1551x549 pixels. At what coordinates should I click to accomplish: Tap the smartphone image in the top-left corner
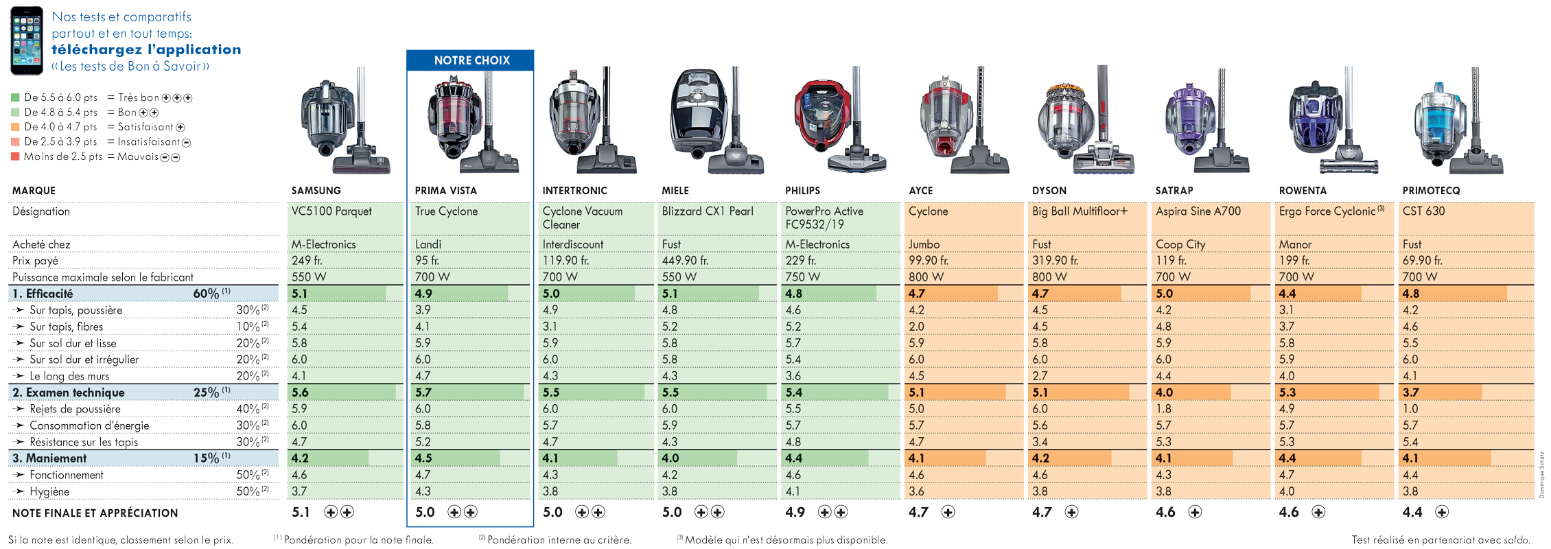coord(27,40)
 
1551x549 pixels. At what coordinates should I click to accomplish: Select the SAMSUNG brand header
coord(316,191)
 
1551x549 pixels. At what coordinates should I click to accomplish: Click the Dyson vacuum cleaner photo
coord(1085,120)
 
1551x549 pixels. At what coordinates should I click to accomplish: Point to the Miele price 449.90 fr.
coord(685,261)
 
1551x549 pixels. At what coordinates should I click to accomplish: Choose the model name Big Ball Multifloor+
coord(1080,211)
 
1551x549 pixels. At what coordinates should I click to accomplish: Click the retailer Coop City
coord(1180,244)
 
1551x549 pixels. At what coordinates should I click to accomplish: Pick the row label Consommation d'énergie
coord(89,425)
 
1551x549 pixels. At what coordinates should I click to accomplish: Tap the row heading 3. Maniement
coord(49,458)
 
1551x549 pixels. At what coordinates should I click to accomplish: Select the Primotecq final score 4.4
coord(1412,512)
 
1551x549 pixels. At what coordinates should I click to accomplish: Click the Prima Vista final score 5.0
coord(425,512)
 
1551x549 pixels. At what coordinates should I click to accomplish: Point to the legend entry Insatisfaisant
coord(149,142)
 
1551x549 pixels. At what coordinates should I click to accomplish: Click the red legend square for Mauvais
coord(15,156)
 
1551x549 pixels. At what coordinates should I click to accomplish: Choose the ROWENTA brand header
coord(1303,191)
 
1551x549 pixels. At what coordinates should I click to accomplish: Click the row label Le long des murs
coord(69,376)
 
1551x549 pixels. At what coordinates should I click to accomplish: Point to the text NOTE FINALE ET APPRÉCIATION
coord(95,513)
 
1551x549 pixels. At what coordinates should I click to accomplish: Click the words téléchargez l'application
coord(146,49)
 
